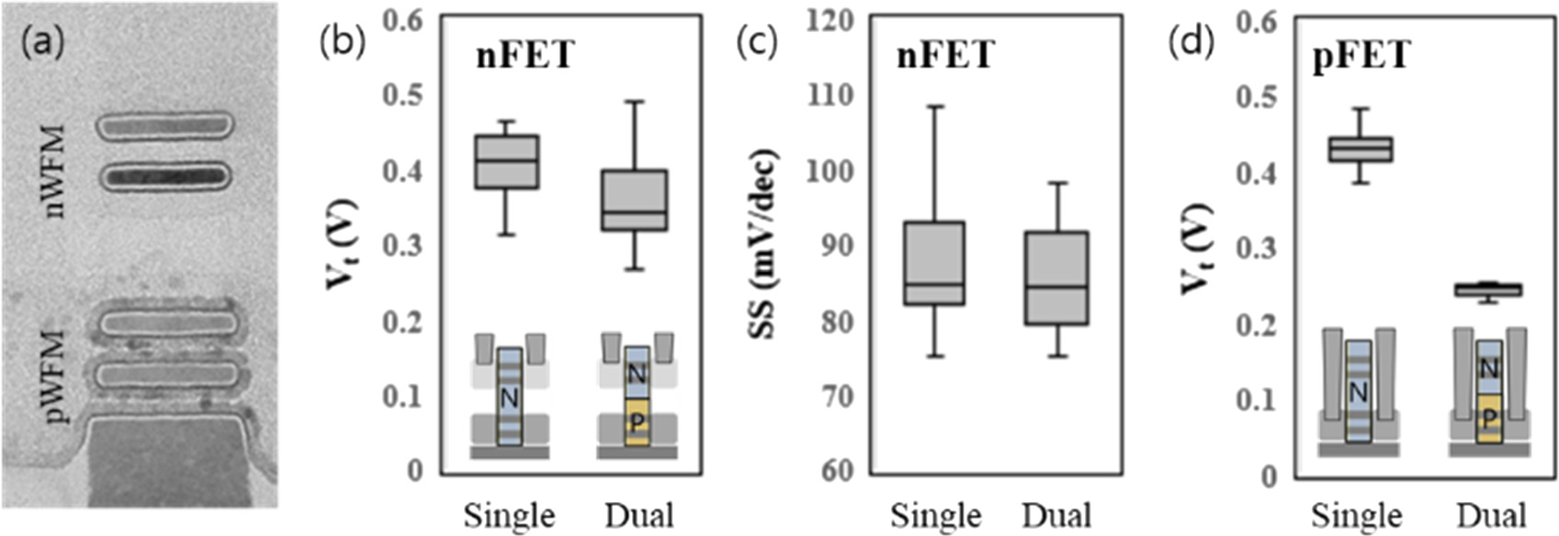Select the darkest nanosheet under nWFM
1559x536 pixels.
(x=165, y=176)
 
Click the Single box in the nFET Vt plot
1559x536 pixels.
(x=506, y=162)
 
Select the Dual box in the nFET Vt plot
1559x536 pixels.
(x=635, y=200)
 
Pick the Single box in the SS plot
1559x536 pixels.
(x=934, y=263)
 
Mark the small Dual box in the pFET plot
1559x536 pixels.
(x=1488, y=290)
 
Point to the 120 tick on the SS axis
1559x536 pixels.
(x=830, y=20)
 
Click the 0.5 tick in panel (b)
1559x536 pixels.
(x=405, y=96)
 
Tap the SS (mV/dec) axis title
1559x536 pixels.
(x=764, y=243)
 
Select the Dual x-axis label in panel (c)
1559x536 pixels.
(x=1056, y=515)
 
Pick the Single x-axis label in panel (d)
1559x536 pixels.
(x=1357, y=515)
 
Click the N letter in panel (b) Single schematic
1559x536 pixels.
(x=510, y=398)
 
